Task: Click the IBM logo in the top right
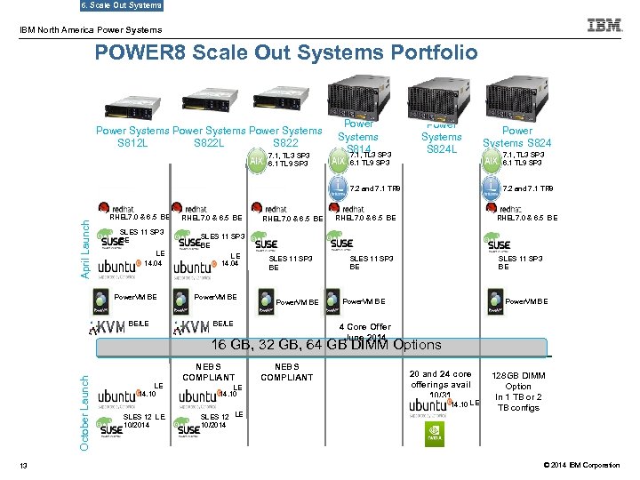pyautogui.click(x=604, y=25)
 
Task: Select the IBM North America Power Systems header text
pyautogui.click(x=79, y=30)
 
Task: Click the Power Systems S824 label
pyautogui.click(x=516, y=136)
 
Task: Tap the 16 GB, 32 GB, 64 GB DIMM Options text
pyautogui.click(x=325, y=345)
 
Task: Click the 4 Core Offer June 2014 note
pyautogui.click(x=364, y=332)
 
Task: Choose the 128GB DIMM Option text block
pyautogui.click(x=518, y=392)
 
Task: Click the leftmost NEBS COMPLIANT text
pyautogui.click(x=208, y=372)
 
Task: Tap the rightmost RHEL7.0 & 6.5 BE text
pyautogui.click(x=528, y=218)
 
